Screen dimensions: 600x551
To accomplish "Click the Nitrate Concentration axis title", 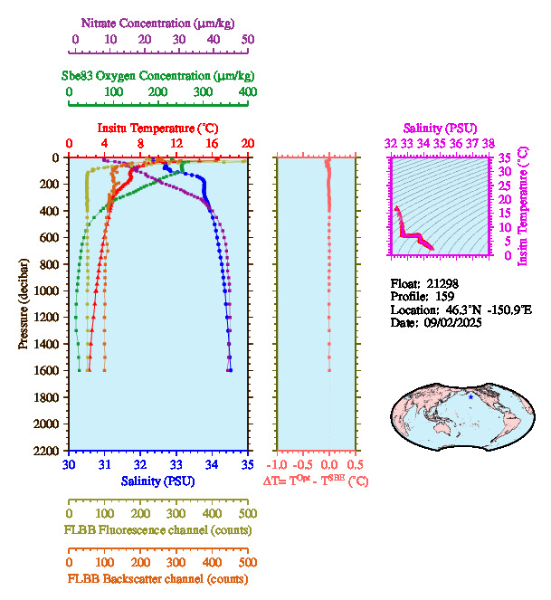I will pos(158,22).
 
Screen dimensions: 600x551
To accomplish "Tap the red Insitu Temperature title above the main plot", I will pos(158,128).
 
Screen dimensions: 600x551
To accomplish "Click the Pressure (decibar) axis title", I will pos(24,303).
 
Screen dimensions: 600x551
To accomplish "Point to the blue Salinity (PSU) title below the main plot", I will pos(158,481).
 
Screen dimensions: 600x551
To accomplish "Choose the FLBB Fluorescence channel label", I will pos(158,529).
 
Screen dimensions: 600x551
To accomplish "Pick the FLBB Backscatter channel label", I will pos(158,578).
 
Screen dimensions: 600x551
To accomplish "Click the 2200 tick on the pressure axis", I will pos(49,451).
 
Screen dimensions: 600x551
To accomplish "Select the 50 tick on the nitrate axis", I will pos(248,40).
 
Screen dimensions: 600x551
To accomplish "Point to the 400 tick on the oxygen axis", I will pos(248,92).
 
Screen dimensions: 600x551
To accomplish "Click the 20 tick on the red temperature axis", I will pos(248,144).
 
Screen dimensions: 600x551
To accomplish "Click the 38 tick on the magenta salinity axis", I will pos(489,143).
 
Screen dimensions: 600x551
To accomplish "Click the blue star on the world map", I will pos(470,397).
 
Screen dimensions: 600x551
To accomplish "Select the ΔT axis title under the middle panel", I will pos(316,481).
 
